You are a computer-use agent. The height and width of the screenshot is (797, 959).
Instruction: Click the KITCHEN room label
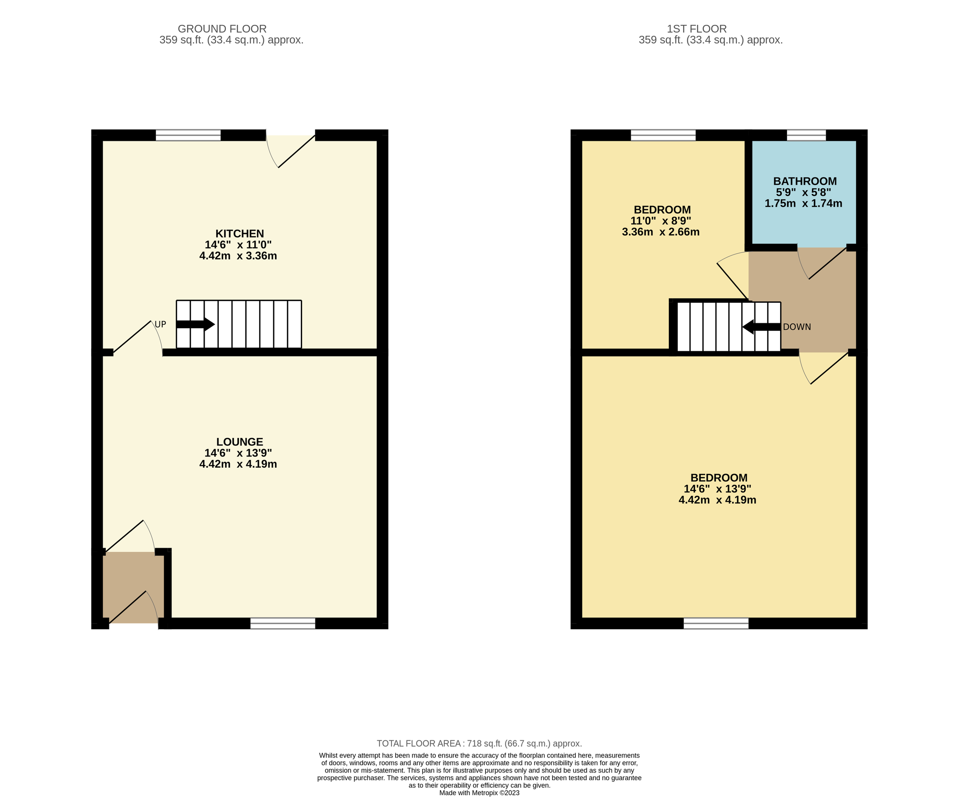tap(239, 234)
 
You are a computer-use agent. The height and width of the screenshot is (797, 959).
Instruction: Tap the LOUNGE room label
tap(239, 442)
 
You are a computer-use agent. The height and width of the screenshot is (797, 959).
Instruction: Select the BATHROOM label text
tap(805, 181)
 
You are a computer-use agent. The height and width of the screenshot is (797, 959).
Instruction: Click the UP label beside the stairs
tap(160, 325)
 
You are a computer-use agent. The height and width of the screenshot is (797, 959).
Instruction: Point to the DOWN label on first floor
tap(797, 327)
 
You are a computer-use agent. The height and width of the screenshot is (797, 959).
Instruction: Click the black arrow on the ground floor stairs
tap(195, 325)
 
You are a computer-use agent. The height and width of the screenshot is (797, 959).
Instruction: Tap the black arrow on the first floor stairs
tap(761, 327)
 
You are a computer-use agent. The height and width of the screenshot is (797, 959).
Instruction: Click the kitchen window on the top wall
tap(188, 135)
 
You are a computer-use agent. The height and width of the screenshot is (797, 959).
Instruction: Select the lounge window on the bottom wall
tap(283, 623)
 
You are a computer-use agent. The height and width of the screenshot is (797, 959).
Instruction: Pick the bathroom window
tap(807, 135)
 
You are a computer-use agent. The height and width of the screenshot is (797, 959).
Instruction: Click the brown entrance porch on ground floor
tap(133, 587)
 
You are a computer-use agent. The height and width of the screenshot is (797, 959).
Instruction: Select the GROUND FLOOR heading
tap(222, 29)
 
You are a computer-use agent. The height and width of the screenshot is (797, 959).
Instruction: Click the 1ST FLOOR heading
tap(696, 29)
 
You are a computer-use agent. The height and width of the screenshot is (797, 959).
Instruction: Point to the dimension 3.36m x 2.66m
tap(660, 232)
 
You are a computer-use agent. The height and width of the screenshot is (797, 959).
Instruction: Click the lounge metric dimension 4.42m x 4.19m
tap(238, 464)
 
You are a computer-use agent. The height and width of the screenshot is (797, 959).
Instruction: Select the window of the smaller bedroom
tap(663, 135)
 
